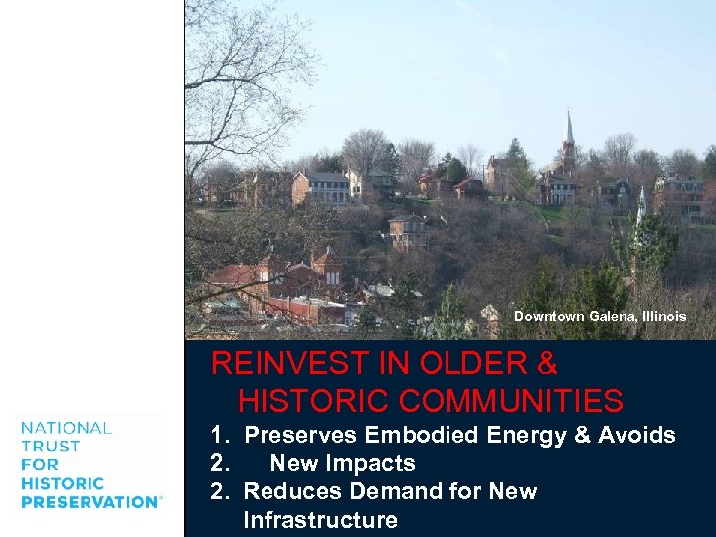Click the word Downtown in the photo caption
point(547,316)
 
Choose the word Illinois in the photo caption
point(663,316)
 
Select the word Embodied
point(405,435)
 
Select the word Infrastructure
point(320,520)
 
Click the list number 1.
point(217,435)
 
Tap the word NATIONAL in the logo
point(66,428)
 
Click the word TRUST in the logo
point(50,447)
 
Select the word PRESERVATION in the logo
point(89,502)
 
